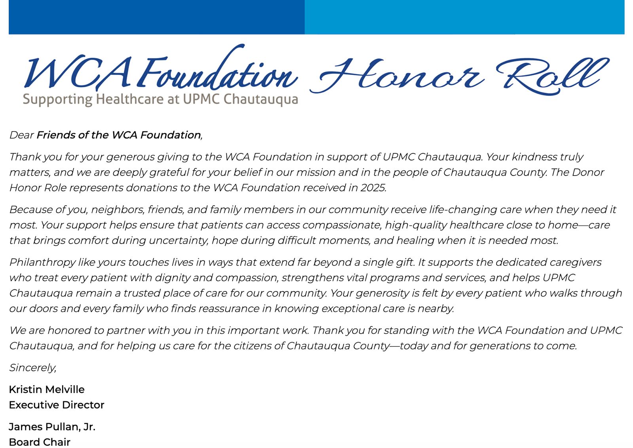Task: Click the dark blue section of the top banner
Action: (x=156, y=17)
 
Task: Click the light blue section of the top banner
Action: (x=464, y=17)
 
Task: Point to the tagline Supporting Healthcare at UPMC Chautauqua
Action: (x=160, y=99)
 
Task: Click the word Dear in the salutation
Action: (x=21, y=135)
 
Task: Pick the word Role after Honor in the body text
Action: (x=55, y=188)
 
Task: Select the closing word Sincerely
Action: (x=32, y=368)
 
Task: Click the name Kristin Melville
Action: (x=47, y=389)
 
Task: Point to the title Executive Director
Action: (x=57, y=405)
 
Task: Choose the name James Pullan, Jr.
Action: (x=52, y=427)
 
